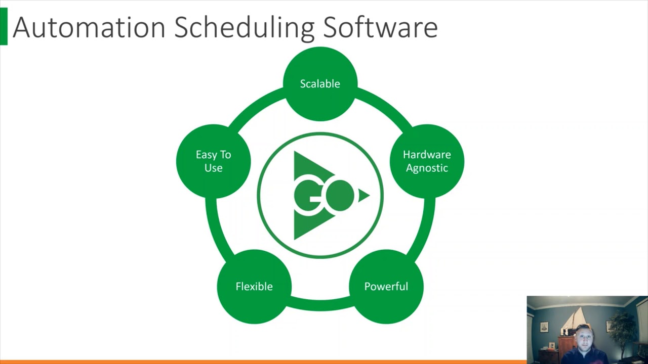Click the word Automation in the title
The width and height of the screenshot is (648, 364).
coord(89,27)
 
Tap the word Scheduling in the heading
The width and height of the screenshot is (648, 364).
coord(245,28)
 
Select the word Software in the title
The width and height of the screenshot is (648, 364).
coord(380,27)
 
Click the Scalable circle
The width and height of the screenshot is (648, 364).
coord(320,84)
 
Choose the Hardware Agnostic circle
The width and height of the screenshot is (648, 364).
coord(427,161)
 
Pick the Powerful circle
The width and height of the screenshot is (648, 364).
coord(386,287)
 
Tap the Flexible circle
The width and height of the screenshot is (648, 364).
coord(254,287)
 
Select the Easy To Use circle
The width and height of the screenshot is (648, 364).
coord(213,161)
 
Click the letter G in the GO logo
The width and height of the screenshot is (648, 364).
coord(308,196)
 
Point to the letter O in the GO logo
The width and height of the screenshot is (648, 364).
coord(340,195)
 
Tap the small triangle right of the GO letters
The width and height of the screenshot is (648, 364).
coord(364,196)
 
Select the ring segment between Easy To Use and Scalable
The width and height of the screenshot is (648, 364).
coord(255,106)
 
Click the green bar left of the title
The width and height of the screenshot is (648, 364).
coord(4,26)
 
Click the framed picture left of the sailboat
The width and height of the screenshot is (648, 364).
coord(544,327)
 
